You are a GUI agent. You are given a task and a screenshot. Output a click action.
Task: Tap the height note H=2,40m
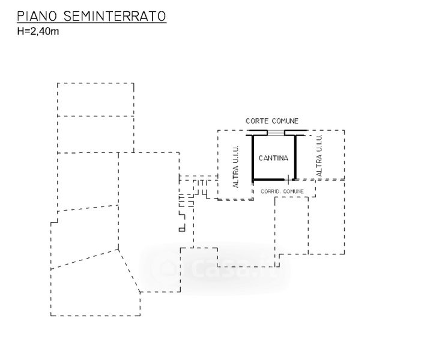click(38, 31)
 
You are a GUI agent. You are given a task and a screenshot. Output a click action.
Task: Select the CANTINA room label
click(273, 159)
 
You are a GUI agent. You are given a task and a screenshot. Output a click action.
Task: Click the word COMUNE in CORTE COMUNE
click(286, 121)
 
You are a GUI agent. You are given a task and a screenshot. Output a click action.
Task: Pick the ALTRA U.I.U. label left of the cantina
click(235, 167)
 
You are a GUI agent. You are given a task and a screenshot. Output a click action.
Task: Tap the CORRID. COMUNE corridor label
click(282, 191)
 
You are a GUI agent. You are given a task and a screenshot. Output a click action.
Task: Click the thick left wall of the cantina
click(253, 157)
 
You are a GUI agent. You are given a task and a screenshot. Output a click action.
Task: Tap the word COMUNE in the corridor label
click(292, 191)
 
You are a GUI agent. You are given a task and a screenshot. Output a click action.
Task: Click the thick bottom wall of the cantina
click(269, 179)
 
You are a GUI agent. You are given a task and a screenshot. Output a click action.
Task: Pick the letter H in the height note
click(20, 31)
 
